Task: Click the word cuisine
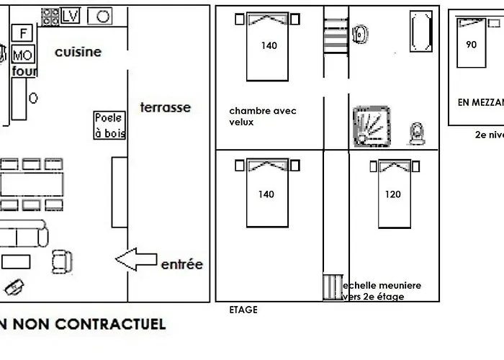pyautogui.click(x=78, y=52)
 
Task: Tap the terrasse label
pyautogui.click(x=165, y=107)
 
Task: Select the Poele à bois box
pyautogui.click(x=109, y=125)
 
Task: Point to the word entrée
pyautogui.click(x=181, y=264)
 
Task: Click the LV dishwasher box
pyautogui.click(x=71, y=16)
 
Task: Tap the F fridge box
pyautogui.click(x=24, y=32)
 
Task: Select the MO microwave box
pyautogui.click(x=22, y=55)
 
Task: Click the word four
pyautogui.click(x=24, y=71)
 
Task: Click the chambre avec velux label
pyautogui.click(x=262, y=116)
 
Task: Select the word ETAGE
pyautogui.click(x=243, y=310)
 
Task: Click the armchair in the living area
pyautogui.click(x=63, y=260)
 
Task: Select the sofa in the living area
pyautogui.click(x=23, y=235)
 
